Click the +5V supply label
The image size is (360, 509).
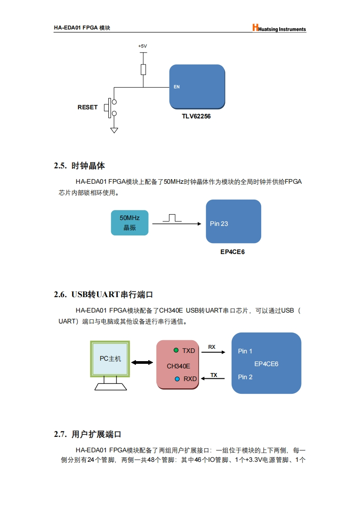tap(142, 46)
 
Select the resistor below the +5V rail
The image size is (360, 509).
tap(143, 69)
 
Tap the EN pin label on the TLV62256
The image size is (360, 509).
tap(176, 87)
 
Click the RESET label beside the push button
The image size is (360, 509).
tap(88, 107)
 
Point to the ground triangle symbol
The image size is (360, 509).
tap(114, 130)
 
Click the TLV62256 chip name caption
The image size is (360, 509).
tap(196, 116)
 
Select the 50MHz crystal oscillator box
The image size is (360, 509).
tap(130, 223)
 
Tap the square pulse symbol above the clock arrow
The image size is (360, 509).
tap(172, 218)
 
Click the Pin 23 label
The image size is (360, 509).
tap(219, 224)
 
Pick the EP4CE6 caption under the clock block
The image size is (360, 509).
tap(233, 252)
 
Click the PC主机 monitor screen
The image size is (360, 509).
tap(110, 359)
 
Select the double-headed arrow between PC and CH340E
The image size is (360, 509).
tap(142, 362)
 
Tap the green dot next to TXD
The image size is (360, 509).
tap(176, 350)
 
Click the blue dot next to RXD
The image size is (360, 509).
tap(177, 379)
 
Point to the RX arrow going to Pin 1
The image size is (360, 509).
tap(213, 352)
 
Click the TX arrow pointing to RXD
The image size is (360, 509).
tap(213, 378)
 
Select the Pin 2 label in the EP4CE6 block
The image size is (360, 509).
tap(245, 377)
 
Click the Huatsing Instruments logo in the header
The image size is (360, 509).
tap(279, 28)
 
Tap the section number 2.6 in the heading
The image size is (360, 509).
tap(60, 294)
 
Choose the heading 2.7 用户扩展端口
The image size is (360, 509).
tap(88, 434)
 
